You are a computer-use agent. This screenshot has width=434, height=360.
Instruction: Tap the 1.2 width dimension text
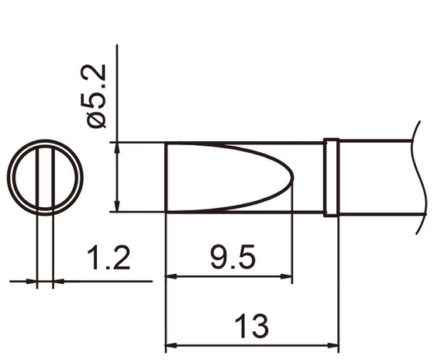(x=108, y=258)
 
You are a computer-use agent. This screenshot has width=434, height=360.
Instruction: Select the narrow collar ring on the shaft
(x=331, y=178)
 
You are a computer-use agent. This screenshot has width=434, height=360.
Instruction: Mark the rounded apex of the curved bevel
(x=292, y=178)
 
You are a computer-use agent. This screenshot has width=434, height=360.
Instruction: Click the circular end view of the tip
(x=45, y=178)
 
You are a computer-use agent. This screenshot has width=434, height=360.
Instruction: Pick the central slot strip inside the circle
(x=45, y=178)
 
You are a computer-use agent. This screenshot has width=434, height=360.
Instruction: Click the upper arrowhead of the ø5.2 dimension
(x=116, y=148)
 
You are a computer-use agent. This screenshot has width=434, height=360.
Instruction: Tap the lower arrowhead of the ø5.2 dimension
(x=116, y=206)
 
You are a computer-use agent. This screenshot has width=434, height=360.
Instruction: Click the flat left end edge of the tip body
(x=167, y=178)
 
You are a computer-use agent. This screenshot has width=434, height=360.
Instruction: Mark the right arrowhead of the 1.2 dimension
(x=57, y=281)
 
